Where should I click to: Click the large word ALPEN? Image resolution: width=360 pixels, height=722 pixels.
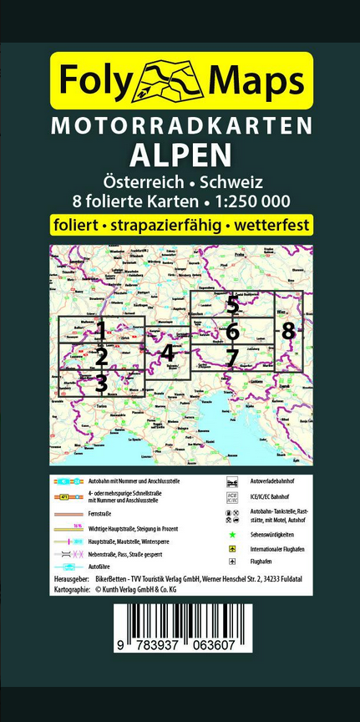click(180, 155)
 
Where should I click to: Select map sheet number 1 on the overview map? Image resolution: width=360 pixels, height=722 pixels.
click(101, 329)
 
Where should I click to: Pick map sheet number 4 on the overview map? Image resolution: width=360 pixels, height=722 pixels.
click(168, 353)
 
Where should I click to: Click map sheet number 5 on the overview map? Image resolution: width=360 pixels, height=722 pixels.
click(232, 305)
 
